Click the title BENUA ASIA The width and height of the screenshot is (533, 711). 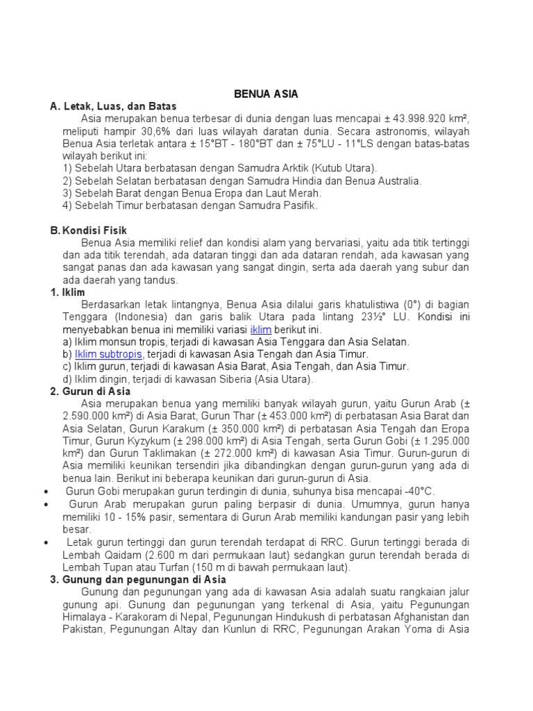266,94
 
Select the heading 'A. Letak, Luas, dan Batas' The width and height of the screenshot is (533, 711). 113,106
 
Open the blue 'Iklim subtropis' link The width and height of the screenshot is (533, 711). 108,354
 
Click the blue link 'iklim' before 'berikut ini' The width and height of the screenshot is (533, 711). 260,329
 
